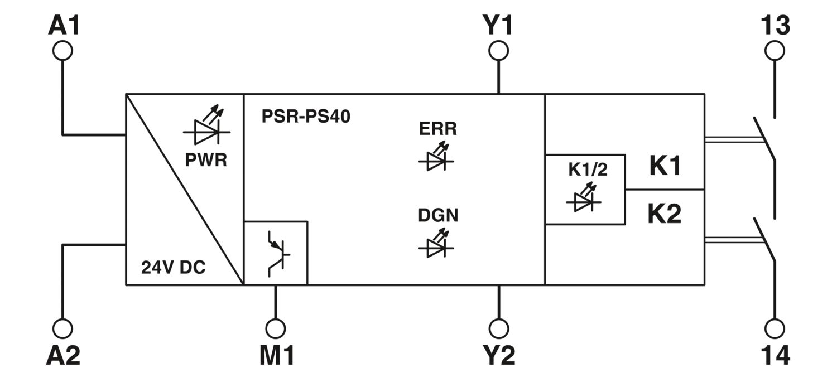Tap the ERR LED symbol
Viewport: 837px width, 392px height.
click(x=436, y=157)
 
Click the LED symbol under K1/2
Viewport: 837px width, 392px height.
click(x=584, y=197)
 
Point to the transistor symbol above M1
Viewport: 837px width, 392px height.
click(x=279, y=254)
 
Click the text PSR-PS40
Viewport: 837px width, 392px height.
click(x=306, y=116)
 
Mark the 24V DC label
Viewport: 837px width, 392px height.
click(x=174, y=267)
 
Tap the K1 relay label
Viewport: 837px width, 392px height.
click(x=665, y=166)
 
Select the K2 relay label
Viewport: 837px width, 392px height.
click(x=665, y=214)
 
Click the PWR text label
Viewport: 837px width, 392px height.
click(x=206, y=160)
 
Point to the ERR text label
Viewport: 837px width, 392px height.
click(x=438, y=128)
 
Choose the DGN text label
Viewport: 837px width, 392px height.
click(x=438, y=215)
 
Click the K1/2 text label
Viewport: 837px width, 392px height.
click(x=588, y=170)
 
